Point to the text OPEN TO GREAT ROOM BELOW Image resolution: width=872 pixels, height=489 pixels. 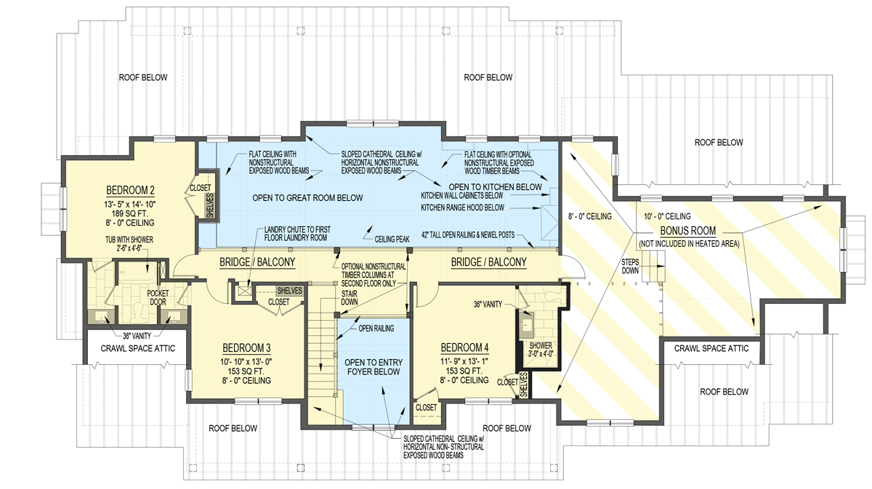pos(307,197)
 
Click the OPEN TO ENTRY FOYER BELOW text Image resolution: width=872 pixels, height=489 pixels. pos(374,368)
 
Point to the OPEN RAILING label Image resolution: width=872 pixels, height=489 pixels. pos(376,329)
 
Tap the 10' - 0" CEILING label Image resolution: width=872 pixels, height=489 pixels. pos(666,216)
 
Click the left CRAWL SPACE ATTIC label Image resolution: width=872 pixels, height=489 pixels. pos(137,348)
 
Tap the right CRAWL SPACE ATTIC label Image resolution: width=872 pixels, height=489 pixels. pos(711,348)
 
